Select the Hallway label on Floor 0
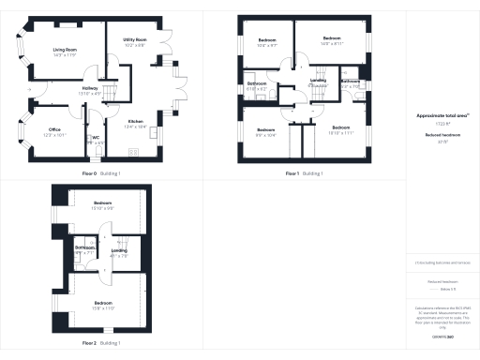click(x=90, y=87)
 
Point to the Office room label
click(x=55, y=129)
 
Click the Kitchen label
click(x=136, y=121)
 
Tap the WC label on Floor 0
click(x=95, y=137)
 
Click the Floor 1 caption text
click(x=293, y=173)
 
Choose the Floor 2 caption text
click(x=89, y=343)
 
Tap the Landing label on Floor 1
click(x=317, y=81)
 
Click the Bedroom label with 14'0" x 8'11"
click(x=332, y=38)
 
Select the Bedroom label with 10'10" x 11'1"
click(x=340, y=127)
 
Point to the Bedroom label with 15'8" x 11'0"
click(x=102, y=302)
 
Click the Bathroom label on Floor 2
click(x=85, y=247)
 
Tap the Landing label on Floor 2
click(x=119, y=250)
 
